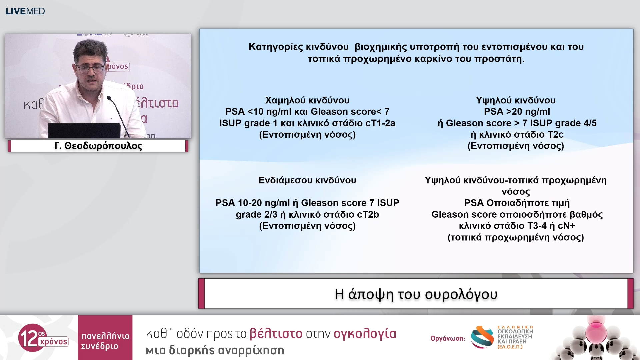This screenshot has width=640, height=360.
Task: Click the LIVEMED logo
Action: click(25, 11)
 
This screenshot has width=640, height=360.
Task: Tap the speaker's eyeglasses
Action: click(90, 69)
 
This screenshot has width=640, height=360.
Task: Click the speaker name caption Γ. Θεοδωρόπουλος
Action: click(98, 146)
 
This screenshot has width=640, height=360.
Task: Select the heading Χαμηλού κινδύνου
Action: click(307, 100)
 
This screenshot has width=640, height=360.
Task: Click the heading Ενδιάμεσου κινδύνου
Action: click(307, 180)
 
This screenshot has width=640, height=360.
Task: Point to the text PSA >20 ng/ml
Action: click(517, 112)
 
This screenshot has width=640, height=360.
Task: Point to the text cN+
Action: click(566, 226)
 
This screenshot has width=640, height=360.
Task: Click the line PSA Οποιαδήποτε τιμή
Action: click(517, 203)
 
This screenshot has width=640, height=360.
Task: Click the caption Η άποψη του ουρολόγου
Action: click(416, 294)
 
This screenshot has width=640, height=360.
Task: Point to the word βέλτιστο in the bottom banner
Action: click(276, 334)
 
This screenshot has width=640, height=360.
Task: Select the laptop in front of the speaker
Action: click(84, 130)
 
